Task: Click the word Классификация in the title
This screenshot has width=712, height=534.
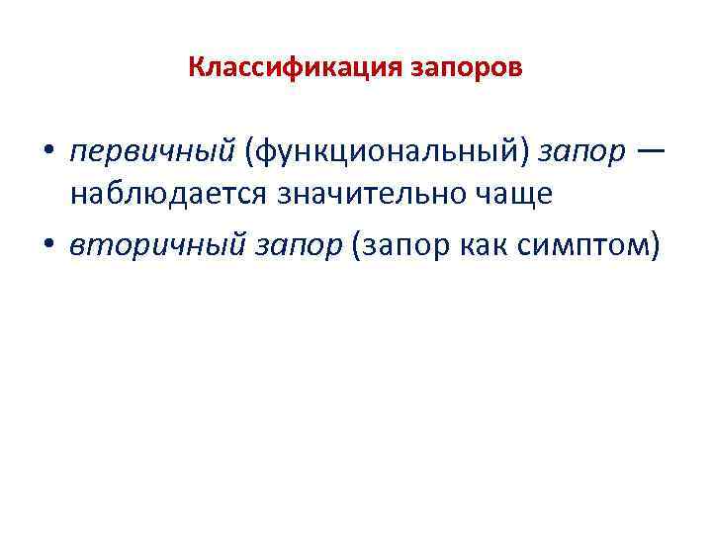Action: pos(278,68)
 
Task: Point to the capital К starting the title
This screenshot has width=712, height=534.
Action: pos(195,68)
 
